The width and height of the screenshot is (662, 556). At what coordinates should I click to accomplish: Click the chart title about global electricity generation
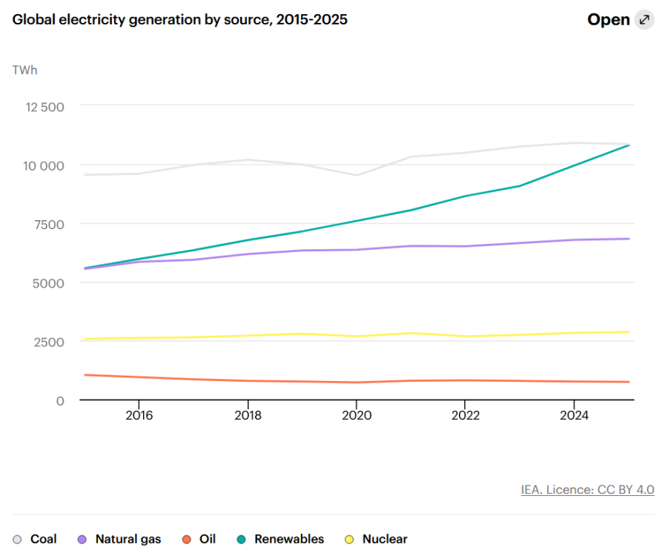(x=180, y=19)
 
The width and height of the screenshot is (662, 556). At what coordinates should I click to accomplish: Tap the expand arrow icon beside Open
(x=644, y=19)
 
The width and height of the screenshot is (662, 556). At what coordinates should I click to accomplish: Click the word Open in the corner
(x=609, y=19)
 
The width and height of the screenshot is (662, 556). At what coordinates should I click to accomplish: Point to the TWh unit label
(x=25, y=70)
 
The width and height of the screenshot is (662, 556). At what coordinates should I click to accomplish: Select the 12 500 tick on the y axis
(x=44, y=107)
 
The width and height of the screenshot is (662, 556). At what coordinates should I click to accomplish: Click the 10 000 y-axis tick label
(x=44, y=165)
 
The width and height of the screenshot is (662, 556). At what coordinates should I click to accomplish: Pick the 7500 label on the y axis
(x=49, y=224)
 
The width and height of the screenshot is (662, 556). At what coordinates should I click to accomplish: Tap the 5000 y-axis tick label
(x=48, y=283)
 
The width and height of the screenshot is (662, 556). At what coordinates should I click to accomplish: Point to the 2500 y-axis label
(x=49, y=342)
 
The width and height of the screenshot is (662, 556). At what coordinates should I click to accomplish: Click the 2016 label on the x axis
(x=139, y=415)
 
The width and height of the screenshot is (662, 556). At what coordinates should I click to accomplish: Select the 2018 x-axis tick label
(x=248, y=415)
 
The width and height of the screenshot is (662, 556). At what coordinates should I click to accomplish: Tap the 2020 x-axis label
(x=357, y=415)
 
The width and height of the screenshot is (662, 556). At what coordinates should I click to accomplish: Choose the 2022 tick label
(x=466, y=415)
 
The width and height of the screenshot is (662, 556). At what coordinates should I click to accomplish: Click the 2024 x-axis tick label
(x=575, y=415)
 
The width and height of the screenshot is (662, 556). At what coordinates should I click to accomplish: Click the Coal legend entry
(x=35, y=539)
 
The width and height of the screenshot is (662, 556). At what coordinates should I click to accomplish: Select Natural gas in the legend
(x=119, y=539)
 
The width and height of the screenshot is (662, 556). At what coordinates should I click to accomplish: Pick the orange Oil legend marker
(x=187, y=540)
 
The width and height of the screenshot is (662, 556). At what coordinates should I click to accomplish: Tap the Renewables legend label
(x=289, y=539)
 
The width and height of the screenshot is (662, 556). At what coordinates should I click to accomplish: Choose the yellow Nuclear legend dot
(x=349, y=540)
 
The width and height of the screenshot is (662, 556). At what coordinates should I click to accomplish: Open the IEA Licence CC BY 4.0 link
(x=587, y=490)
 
